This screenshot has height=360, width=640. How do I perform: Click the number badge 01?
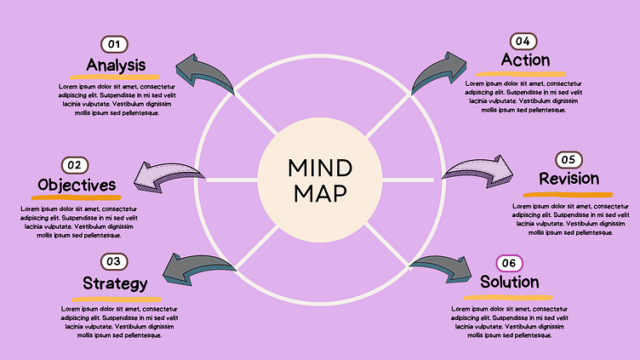[x=115, y=43]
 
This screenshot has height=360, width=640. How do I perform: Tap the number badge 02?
[x=75, y=164]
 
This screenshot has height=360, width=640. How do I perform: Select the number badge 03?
[x=115, y=261]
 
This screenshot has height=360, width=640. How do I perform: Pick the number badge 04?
[x=524, y=41]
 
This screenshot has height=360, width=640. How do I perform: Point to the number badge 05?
[x=568, y=159]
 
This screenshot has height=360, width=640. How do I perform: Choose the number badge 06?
[x=509, y=263]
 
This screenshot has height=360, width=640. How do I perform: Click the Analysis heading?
[x=116, y=65]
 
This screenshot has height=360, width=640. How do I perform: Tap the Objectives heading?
[x=76, y=185]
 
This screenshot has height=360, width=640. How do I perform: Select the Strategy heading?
[x=116, y=283]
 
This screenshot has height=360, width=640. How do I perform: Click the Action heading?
[x=525, y=60]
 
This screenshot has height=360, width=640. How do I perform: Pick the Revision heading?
[x=569, y=179]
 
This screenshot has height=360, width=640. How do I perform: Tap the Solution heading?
[x=509, y=282]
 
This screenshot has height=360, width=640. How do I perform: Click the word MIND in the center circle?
[x=319, y=167]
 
